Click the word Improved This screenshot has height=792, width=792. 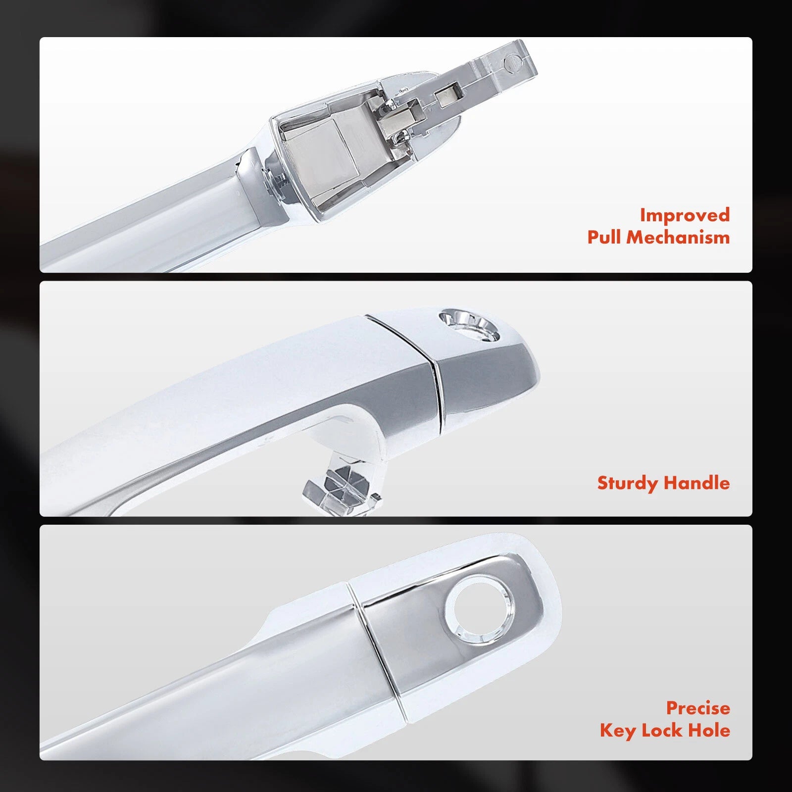pos(685,215)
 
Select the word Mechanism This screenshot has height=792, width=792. pos(678,237)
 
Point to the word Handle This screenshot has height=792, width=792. pos(697,483)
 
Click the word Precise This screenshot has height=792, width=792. pos(698,708)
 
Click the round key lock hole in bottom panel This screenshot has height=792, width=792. pos(480,610)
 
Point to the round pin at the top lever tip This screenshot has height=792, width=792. pos(510,63)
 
